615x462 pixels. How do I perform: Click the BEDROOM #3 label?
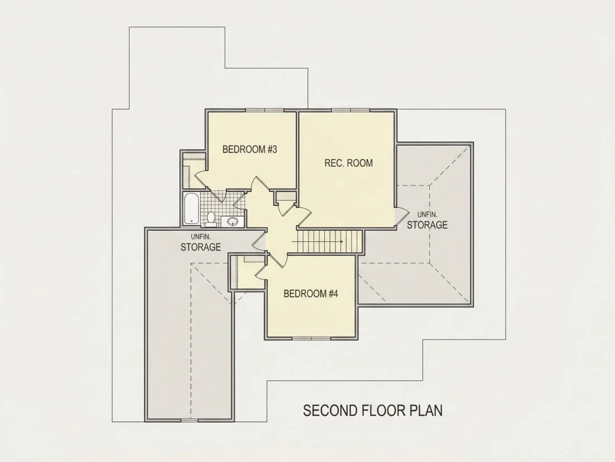(x=250, y=150)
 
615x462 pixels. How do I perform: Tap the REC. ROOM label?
(x=349, y=163)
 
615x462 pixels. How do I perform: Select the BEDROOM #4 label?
(x=311, y=293)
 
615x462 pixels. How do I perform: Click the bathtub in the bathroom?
(x=191, y=209)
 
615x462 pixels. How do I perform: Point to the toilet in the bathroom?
(x=211, y=220)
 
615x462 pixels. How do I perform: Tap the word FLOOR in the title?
(x=384, y=410)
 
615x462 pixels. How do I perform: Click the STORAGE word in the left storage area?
(x=200, y=247)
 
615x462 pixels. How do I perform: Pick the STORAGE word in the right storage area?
(x=427, y=225)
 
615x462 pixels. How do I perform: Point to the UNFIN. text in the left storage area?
(x=201, y=237)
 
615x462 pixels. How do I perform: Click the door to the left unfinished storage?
(x=259, y=240)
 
